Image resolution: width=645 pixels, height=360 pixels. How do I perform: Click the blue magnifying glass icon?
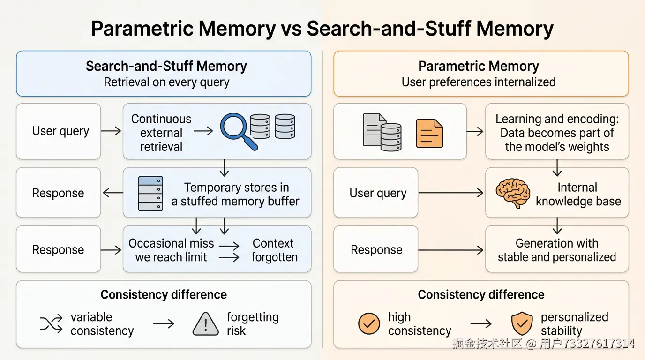coord(239,131)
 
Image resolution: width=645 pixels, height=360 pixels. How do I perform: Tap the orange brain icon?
coord(513,193)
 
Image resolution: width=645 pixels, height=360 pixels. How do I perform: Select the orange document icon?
coord(429,133)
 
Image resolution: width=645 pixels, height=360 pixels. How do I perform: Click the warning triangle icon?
coord(205,324)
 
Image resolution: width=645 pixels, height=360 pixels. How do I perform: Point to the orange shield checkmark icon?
coord(522,323)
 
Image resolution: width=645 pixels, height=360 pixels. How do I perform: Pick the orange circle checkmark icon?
coord(369,323)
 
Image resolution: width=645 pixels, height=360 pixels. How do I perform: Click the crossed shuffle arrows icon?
coord(51,324)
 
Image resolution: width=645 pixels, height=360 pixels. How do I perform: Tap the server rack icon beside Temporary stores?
coord(150,194)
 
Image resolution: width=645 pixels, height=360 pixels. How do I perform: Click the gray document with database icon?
coord(382,132)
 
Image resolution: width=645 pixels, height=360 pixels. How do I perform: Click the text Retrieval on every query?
coord(166,82)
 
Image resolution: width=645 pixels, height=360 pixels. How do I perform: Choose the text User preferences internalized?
coord(479,82)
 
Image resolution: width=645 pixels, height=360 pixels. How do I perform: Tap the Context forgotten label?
coord(274,250)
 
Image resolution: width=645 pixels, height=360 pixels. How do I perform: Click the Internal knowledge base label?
coord(578,194)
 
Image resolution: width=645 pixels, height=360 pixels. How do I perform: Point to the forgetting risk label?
coord(253,324)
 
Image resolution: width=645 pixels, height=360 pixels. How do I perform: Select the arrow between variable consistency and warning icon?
coord(164,324)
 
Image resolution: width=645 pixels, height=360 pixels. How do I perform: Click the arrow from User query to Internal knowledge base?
coord(450,193)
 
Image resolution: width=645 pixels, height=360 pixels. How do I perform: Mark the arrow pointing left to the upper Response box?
coord(113,193)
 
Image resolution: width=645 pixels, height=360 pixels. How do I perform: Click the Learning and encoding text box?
coord(557,131)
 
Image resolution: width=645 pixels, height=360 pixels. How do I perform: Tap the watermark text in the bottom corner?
coord(543,343)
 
